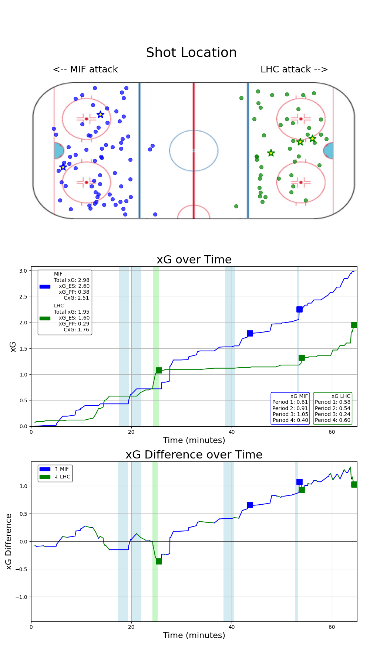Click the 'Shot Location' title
pyautogui.click(x=191, y=53)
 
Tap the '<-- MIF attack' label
pyautogui.click(x=85, y=69)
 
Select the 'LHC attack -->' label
pyautogui.click(x=294, y=69)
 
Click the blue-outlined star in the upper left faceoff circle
pyautogui.click(x=100, y=115)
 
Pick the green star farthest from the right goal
pyautogui.click(x=271, y=153)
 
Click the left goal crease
pyautogui.click(x=58, y=151)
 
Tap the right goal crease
pyautogui.click(x=329, y=151)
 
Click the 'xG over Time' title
pyautogui.click(x=194, y=260)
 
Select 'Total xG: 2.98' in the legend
pyautogui.click(x=72, y=280)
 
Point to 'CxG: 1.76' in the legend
pyautogui.click(x=76, y=330)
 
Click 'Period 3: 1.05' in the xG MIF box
pyautogui.click(x=290, y=414)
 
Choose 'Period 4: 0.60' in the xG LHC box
pyautogui.click(x=333, y=420)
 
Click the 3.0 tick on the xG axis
pyautogui.click(x=23, y=271)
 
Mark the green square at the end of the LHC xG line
pyautogui.click(x=354, y=325)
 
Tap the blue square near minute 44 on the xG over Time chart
pyautogui.click(x=250, y=333)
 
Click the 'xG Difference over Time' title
pyautogui.click(x=194, y=455)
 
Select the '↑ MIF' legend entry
pyautogui.click(x=61, y=469)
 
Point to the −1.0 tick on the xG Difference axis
pyautogui.click(x=21, y=597)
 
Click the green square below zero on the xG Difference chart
pyautogui.click(x=159, y=561)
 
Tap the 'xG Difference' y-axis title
pyautogui.click(x=9, y=541)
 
